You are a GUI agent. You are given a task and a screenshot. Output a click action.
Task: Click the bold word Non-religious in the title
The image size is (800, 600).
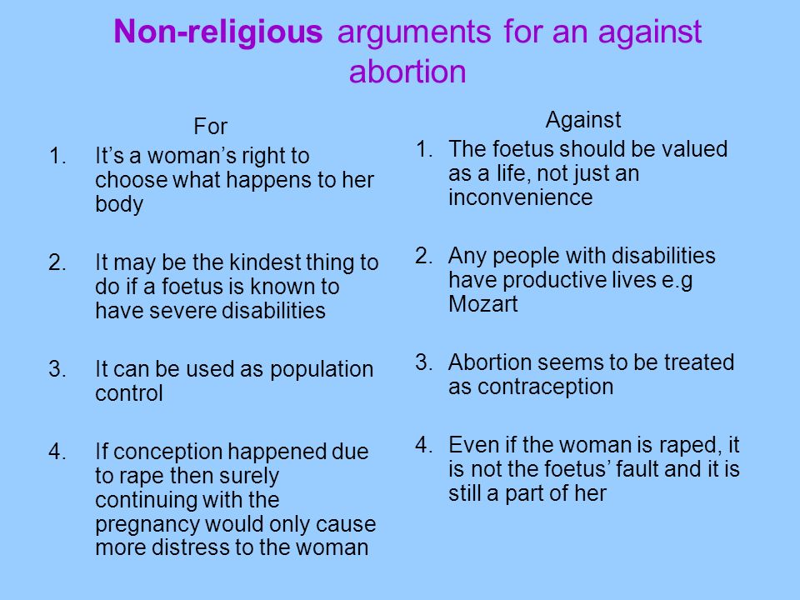(x=217, y=32)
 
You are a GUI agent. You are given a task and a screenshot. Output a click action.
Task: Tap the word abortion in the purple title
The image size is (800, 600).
(x=407, y=71)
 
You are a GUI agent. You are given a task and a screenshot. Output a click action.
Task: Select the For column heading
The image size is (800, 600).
(x=210, y=126)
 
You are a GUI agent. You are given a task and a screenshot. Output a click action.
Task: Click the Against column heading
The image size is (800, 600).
(x=583, y=121)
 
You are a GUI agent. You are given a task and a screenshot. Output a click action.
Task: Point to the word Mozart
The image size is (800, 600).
(x=482, y=303)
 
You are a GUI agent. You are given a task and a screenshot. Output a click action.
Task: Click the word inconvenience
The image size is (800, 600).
(x=520, y=197)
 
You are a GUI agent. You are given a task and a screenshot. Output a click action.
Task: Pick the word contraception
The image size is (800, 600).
(x=545, y=387)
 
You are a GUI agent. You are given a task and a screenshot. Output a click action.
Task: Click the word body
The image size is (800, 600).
(x=119, y=204)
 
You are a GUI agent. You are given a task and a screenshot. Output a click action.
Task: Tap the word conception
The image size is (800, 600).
(x=167, y=452)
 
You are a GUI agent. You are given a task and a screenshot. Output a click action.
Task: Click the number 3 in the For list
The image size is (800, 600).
(x=57, y=369)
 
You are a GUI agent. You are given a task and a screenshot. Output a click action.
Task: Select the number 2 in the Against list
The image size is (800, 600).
(x=423, y=256)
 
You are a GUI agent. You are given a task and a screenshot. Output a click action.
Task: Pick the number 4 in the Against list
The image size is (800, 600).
(x=423, y=445)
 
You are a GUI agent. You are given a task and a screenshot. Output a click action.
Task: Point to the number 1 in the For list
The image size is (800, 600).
(x=57, y=156)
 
